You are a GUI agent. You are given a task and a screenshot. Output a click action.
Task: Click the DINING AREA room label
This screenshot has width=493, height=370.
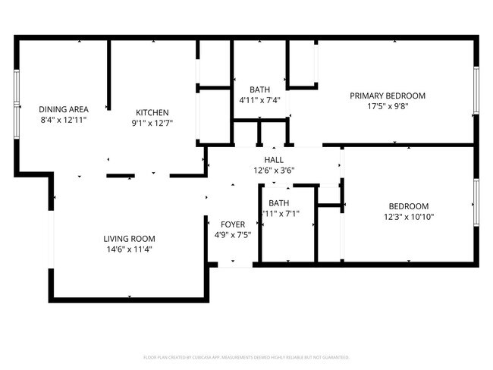[x=64, y=109]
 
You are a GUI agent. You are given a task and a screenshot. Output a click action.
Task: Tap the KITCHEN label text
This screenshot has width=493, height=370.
[x=152, y=112]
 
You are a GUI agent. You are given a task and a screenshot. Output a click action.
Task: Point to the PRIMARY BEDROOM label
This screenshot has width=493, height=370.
[x=387, y=96]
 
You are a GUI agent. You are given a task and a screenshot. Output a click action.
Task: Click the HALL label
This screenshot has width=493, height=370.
[x=274, y=160]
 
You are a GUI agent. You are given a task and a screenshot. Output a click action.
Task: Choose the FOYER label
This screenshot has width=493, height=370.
[x=233, y=224]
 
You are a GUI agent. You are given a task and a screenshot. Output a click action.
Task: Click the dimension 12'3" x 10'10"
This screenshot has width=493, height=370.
[x=409, y=217]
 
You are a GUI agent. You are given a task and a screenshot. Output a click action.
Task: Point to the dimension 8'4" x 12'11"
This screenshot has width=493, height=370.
[x=64, y=120]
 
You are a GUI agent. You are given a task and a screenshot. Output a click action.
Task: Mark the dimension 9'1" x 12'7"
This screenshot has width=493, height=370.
[x=152, y=123]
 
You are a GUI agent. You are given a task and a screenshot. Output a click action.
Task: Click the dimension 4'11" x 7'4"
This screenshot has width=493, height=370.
[x=259, y=100]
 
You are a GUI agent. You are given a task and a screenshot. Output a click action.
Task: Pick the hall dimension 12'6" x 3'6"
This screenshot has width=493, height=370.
[x=274, y=171]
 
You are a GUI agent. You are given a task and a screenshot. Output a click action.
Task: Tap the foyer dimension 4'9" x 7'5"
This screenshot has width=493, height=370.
[x=233, y=235]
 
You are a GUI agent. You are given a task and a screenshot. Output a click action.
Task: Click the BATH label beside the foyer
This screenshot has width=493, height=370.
[x=278, y=202]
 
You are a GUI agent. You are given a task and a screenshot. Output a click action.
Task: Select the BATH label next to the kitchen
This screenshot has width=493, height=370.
[x=259, y=89]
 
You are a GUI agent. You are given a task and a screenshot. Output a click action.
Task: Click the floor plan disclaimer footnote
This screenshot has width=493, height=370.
[x=246, y=356]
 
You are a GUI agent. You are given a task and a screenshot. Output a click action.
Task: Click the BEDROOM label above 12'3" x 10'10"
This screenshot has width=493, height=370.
[x=409, y=206]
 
